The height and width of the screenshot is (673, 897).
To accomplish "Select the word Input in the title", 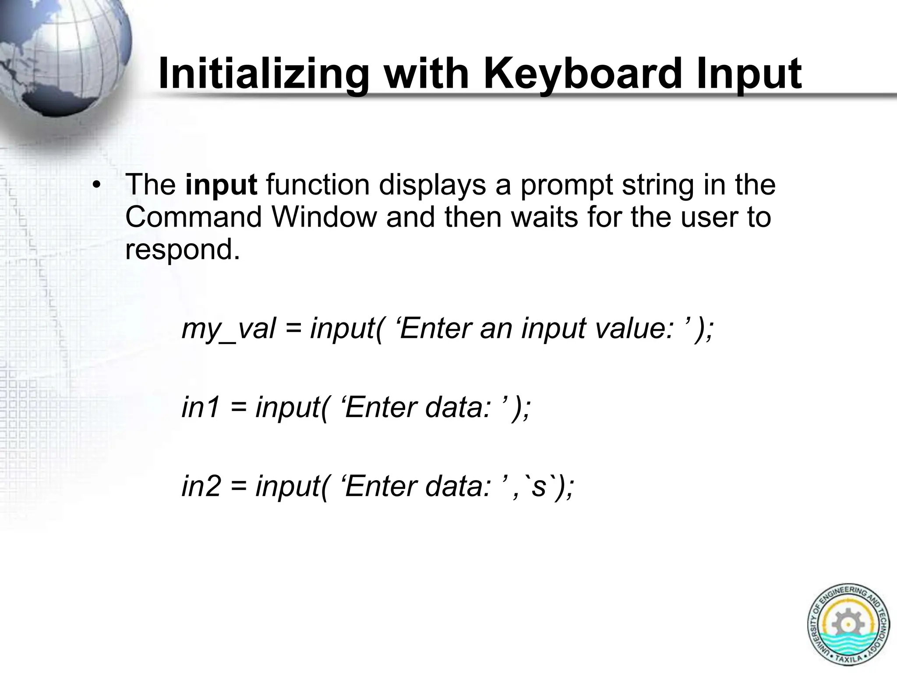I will click(x=749, y=74).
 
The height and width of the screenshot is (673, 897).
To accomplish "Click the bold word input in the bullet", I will click(x=221, y=185).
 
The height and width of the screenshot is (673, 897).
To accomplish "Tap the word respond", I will click(x=183, y=250).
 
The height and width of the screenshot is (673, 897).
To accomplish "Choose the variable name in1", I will click(x=201, y=407).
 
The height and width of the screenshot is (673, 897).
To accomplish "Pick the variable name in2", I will click(x=201, y=486).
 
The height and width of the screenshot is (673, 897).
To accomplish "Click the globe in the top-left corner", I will click(x=61, y=53).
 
